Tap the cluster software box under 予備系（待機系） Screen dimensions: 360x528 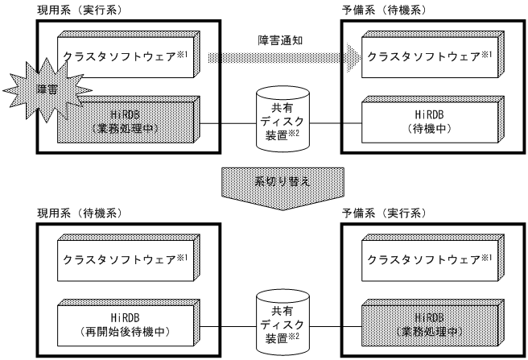click(427, 56)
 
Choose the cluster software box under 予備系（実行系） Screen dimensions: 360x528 click(427, 259)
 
